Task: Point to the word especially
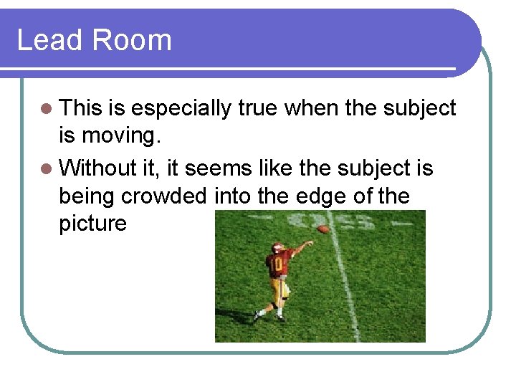181,109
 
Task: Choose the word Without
97,168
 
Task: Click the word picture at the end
92,224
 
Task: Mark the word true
258,108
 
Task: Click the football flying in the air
324,229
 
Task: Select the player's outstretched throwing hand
309,243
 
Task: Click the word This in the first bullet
81,108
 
